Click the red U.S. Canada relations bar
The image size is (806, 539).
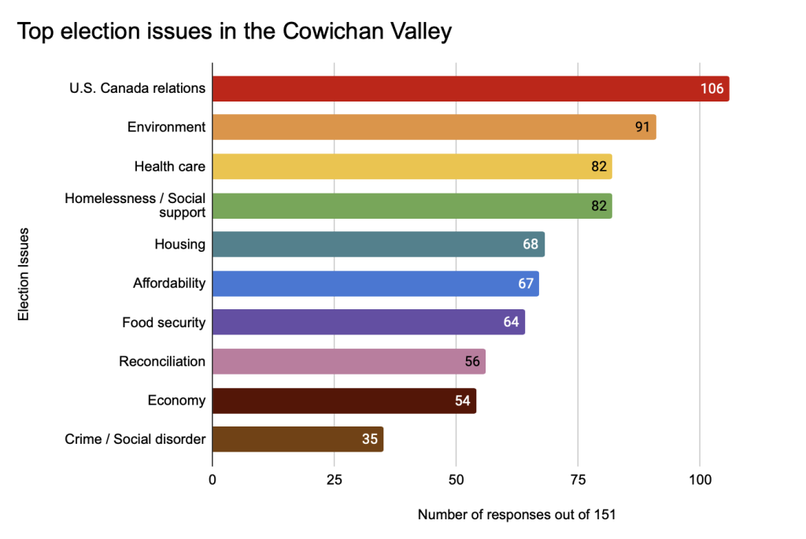pyautogui.click(x=457, y=89)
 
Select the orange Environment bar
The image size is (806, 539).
pyautogui.click(x=425, y=127)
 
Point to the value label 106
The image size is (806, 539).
pyautogui.click(x=712, y=89)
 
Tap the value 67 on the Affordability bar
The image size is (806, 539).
pyautogui.click(x=526, y=283)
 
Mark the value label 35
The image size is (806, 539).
pyautogui.click(x=370, y=439)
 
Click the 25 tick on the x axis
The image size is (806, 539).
pyautogui.click(x=334, y=479)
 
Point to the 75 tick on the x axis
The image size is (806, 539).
pyautogui.click(x=578, y=479)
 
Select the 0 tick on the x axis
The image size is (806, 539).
pyautogui.click(x=213, y=479)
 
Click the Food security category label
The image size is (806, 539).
pyautogui.click(x=164, y=323)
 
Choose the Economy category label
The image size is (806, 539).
pyautogui.click(x=176, y=401)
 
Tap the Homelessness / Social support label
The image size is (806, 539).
pyautogui.click(x=135, y=205)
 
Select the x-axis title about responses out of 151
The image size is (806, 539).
pyautogui.click(x=516, y=515)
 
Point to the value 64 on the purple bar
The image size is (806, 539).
pyautogui.click(x=512, y=323)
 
